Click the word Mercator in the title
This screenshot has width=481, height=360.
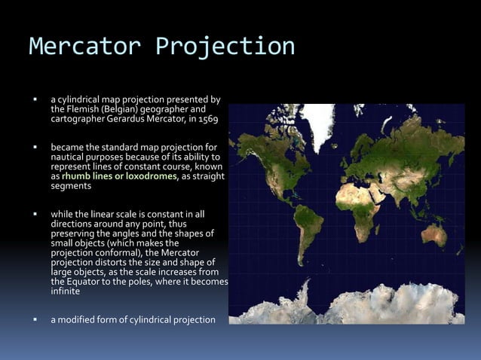pos(84,46)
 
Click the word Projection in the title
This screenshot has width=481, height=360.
pos(225,46)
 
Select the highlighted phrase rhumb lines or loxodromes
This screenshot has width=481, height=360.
pos(120,176)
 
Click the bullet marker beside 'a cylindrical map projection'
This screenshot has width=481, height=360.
pos(35,99)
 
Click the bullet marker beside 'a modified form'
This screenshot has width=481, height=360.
pos(35,319)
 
